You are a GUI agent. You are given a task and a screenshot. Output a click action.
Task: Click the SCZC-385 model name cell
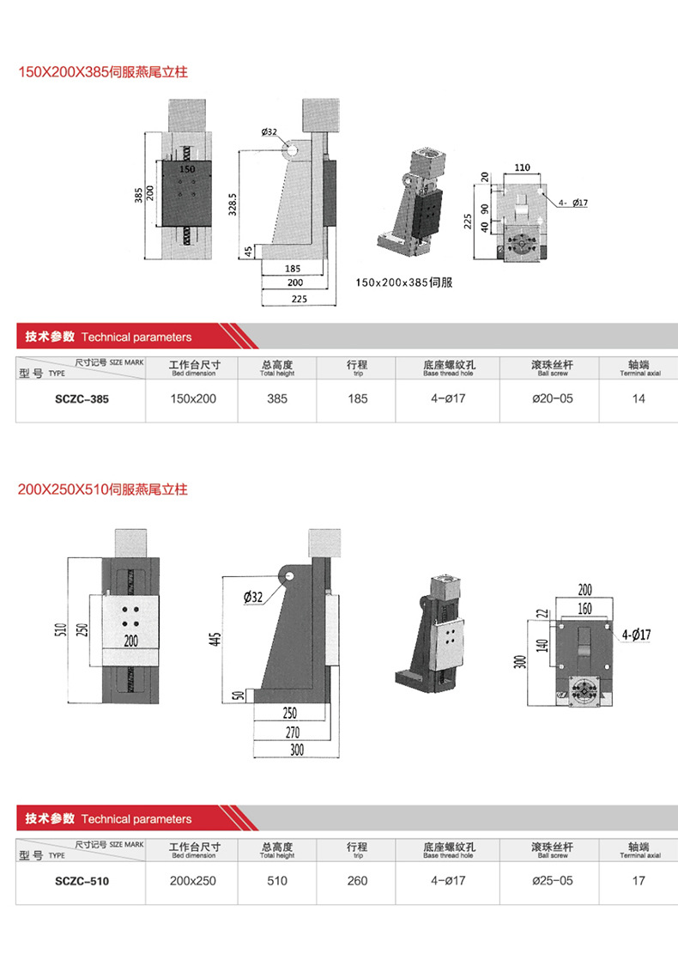[x=82, y=399]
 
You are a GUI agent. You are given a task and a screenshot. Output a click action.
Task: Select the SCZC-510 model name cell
[x=82, y=881]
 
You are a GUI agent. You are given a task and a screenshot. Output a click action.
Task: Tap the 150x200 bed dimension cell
[x=193, y=399]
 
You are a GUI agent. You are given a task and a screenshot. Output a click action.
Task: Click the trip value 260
[x=357, y=881]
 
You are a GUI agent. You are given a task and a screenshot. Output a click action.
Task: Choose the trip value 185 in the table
[x=357, y=399]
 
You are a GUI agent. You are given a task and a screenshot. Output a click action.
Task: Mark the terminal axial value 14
[x=638, y=399]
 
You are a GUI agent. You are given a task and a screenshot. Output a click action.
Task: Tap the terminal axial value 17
[x=638, y=881]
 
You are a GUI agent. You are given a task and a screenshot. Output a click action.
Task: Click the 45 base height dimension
[x=249, y=251]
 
